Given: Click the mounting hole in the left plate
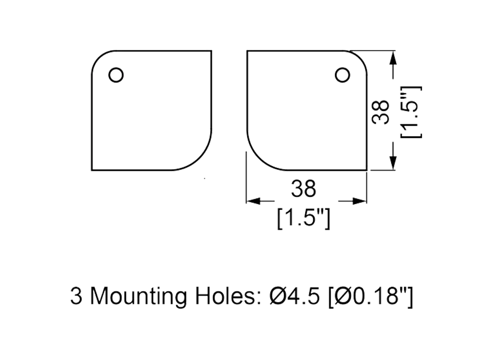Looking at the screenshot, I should pyautogui.click(x=116, y=75).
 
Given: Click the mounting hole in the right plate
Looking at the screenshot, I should pyautogui.click(x=342, y=75).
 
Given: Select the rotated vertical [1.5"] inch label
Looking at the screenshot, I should pyautogui.click(x=411, y=112).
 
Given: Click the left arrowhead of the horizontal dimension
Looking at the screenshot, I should pyautogui.click(x=252, y=201).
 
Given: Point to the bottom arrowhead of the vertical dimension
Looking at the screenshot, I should pyautogui.click(x=393, y=162).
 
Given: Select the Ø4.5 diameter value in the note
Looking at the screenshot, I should pyautogui.click(x=294, y=297).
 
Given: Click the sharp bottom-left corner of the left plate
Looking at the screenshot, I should pyautogui.click(x=90, y=170).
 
